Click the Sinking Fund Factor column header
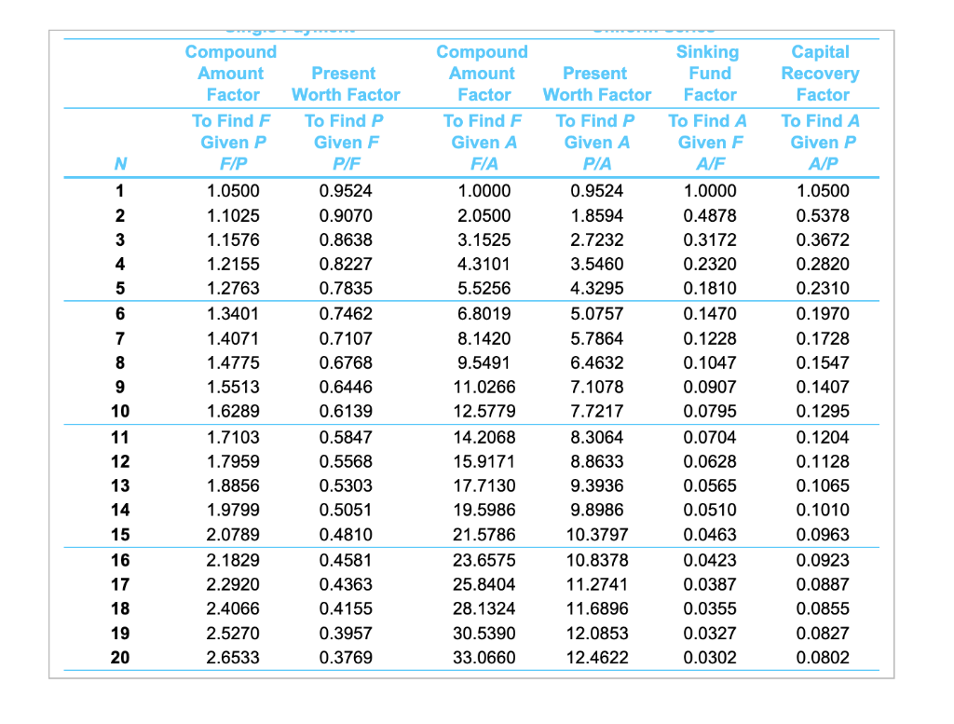click(x=708, y=74)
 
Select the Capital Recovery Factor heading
click(x=821, y=74)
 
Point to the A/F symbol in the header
click(x=708, y=164)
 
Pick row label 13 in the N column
click(x=121, y=485)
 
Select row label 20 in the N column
click(x=121, y=657)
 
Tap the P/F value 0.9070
click(x=345, y=215)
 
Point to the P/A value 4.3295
click(x=597, y=288)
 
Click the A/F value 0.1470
click(x=709, y=314)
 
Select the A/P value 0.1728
click(x=823, y=338)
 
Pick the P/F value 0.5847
click(x=345, y=437)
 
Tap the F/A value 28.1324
click(x=482, y=608)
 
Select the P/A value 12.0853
click(x=597, y=633)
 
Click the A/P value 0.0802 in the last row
click(x=823, y=657)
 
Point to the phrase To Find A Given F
click(x=708, y=131)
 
